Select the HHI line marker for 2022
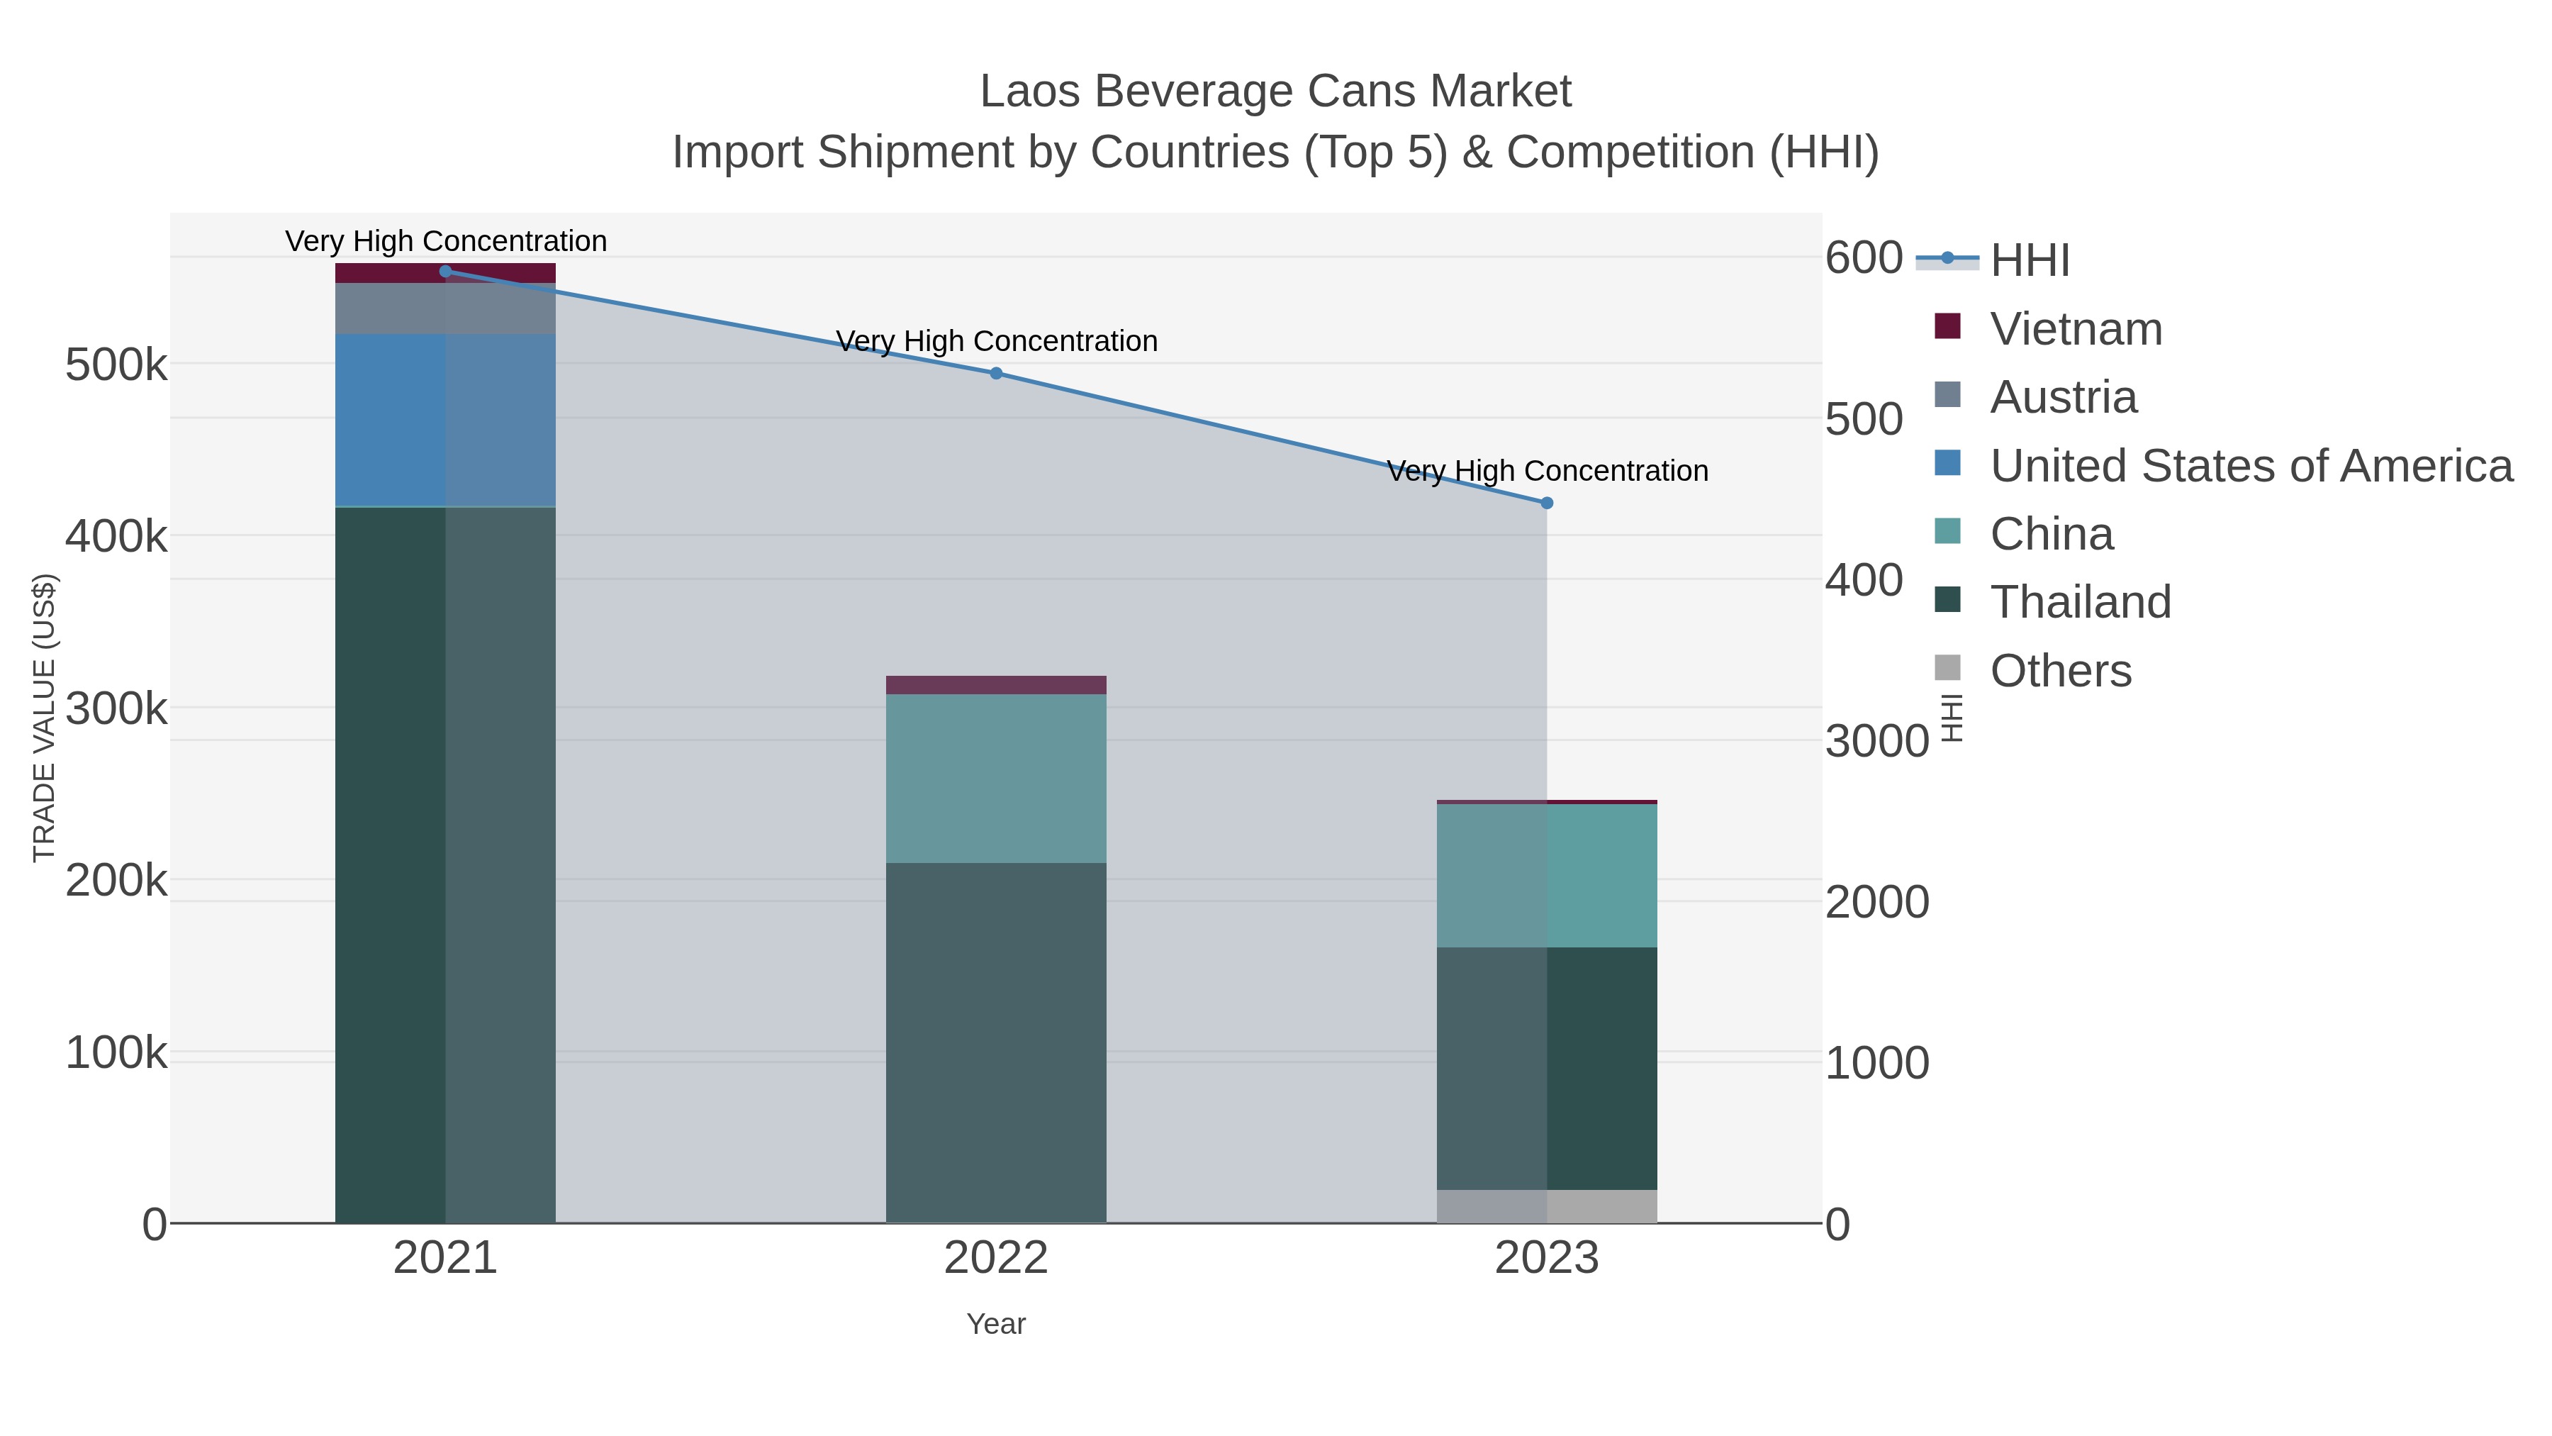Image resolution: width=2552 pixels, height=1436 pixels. (x=996, y=374)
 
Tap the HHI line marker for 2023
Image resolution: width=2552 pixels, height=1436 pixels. (x=1547, y=503)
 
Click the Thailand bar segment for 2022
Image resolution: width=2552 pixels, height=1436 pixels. (x=996, y=1040)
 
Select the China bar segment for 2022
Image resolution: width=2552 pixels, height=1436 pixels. (x=996, y=778)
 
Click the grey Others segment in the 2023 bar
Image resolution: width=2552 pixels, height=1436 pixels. (x=1547, y=1206)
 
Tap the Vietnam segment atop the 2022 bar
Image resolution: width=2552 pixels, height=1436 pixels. (x=996, y=685)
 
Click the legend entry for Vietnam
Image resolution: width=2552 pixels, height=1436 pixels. (x=2076, y=329)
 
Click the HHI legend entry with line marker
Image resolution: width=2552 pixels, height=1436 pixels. (x=2028, y=260)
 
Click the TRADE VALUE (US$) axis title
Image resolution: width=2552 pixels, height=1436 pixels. (x=45, y=718)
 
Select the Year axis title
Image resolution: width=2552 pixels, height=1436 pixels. (x=996, y=1324)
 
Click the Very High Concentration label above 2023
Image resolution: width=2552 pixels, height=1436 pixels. (x=1547, y=471)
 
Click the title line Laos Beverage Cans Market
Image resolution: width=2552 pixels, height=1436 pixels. (x=1275, y=91)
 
